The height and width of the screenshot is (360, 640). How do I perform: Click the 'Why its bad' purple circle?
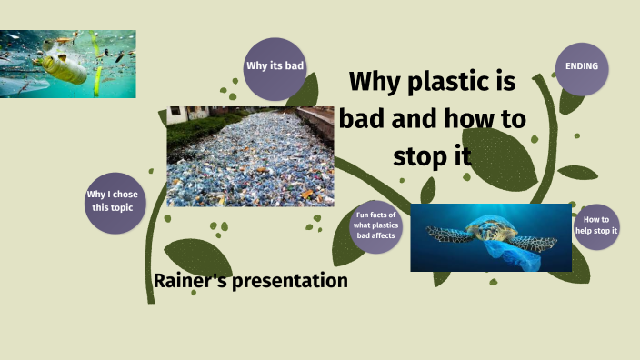click(275, 65)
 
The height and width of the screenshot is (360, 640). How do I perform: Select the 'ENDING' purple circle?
click(581, 67)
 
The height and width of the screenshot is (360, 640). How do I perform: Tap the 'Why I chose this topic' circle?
click(115, 202)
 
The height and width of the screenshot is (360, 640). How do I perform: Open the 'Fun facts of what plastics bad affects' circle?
click(375, 226)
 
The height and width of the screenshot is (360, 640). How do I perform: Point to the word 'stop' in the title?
click(424, 155)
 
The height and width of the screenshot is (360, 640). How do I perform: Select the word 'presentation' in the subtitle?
click(290, 281)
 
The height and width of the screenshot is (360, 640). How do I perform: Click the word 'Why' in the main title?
click(376, 82)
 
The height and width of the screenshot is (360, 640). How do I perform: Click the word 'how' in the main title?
click(472, 119)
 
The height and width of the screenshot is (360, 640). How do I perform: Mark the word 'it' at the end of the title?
click(462, 155)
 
